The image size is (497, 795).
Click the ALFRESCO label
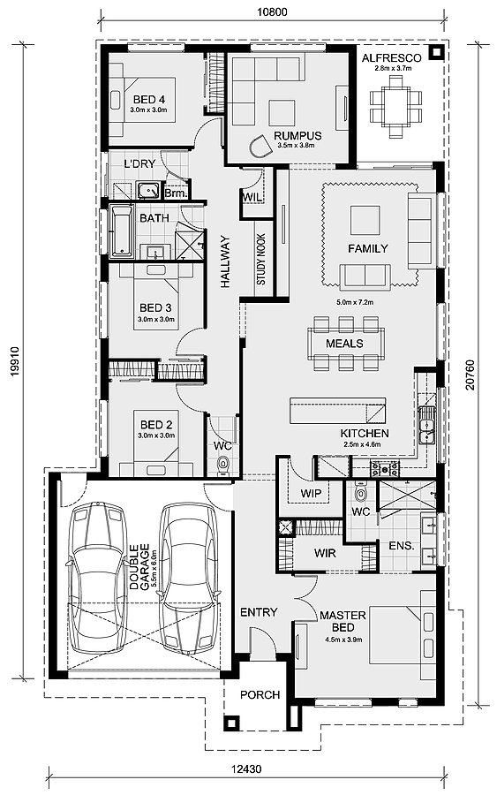point(391,58)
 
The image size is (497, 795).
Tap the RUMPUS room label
point(297,136)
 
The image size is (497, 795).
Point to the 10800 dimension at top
point(272,11)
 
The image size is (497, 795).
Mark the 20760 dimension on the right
point(471,375)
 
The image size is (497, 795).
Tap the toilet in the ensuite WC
point(361,492)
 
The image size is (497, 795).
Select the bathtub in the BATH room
point(121,231)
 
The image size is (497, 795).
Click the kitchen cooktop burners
point(385,469)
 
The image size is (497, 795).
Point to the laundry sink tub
point(149,190)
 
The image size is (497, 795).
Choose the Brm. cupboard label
point(177,193)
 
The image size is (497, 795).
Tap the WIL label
point(252,197)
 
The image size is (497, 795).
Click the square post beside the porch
point(232,723)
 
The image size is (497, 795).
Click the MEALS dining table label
point(344,344)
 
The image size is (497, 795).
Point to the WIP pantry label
point(310,493)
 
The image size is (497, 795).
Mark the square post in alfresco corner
point(435,52)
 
